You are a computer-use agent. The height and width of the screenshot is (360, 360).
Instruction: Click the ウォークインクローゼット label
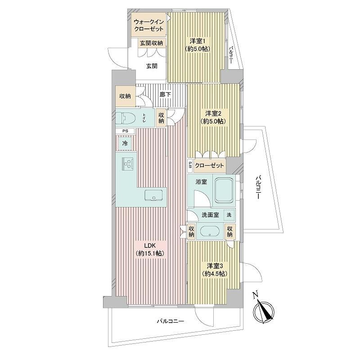click(148, 26)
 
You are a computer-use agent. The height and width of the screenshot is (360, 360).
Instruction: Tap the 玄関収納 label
click(152, 43)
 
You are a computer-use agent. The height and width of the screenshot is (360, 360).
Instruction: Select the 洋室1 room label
click(197, 45)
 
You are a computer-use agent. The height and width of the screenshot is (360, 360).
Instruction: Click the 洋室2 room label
click(213, 117)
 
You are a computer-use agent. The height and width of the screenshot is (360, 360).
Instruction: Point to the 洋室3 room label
click(215, 270)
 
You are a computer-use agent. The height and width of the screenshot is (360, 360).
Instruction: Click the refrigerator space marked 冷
click(125, 143)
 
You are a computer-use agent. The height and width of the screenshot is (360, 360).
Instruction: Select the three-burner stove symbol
click(127, 164)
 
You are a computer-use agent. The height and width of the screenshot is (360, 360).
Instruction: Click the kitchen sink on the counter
click(154, 195)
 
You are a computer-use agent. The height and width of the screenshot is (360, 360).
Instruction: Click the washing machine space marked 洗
click(229, 215)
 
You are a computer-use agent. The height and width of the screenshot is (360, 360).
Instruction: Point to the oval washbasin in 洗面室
click(209, 231)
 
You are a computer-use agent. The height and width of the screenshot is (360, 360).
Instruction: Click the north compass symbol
click(263, 308)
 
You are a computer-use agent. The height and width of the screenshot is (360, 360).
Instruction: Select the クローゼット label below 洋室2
click(209, 166)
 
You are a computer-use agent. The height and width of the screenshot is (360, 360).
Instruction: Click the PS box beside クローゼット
click(190, 166)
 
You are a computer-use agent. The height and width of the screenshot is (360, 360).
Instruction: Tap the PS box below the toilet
click(125, 131)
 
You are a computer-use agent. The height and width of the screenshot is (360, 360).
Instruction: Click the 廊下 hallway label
click(165, 94)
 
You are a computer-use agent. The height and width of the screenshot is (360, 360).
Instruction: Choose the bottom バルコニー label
click(171, 321)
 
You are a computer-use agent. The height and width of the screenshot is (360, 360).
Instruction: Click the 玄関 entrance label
click(152, 66)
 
